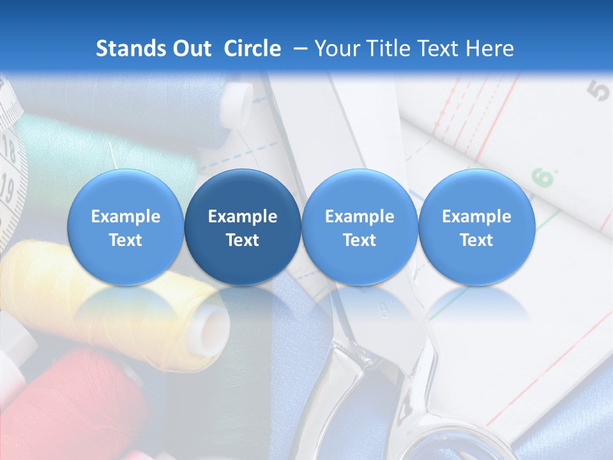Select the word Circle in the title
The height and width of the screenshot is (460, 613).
(x=252, y=49)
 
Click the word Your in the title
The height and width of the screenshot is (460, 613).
(x=335, y=49)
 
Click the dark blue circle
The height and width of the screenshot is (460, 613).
(x=243, y=227)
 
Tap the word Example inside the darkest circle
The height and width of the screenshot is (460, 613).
(x=243, y=217)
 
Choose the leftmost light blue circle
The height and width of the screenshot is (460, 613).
(x=125, y=227)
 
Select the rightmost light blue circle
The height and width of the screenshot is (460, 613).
(x=476, y=227)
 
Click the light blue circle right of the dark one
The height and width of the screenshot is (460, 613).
(x=359, y=227)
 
